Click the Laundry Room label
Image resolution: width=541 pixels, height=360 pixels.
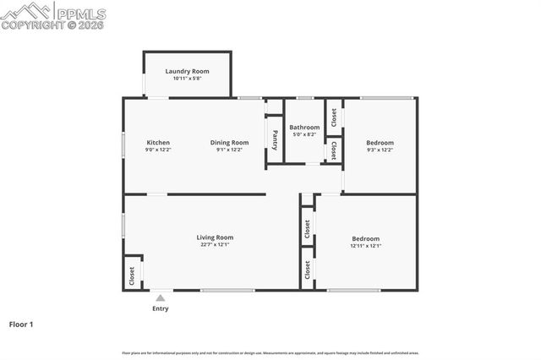187,71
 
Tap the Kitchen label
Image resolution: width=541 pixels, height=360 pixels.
158,143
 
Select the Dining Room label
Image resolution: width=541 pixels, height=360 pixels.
229,143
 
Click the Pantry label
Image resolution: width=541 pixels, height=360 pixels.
275,140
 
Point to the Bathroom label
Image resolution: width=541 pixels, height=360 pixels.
304,128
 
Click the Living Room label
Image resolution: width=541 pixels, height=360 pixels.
215,237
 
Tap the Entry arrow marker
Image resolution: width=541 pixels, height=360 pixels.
160,297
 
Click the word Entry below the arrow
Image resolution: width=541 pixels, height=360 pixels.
160,308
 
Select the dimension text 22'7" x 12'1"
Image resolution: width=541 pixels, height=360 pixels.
215,245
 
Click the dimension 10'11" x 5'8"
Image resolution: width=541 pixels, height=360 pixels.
187,79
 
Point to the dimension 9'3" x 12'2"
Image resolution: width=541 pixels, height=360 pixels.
380,150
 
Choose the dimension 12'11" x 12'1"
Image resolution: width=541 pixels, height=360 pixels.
365,246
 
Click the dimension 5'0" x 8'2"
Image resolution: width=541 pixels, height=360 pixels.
304,134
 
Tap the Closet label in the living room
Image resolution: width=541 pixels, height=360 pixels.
132,275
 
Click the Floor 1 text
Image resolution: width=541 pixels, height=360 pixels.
21,324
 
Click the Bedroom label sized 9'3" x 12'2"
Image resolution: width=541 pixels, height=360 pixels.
380,143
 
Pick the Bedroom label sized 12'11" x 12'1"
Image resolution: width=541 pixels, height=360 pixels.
365,238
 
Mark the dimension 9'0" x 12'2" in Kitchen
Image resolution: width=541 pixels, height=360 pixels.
158,150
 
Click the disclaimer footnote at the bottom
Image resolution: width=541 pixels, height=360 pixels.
270,352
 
